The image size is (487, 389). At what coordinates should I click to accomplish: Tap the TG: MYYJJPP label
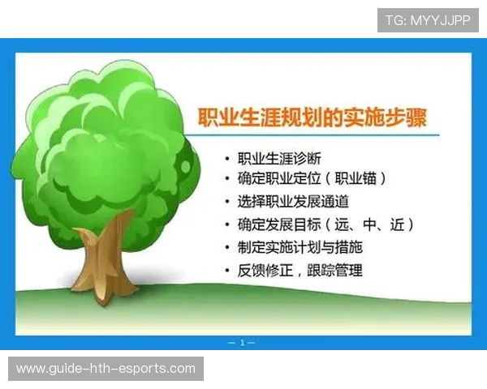pyautogui.click(x=428, y=19)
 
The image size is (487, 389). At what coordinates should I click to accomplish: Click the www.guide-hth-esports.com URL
pyautogui.click(x=106, y=369)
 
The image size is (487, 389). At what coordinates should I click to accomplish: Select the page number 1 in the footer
pyautogui.click(x=243, y=344)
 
